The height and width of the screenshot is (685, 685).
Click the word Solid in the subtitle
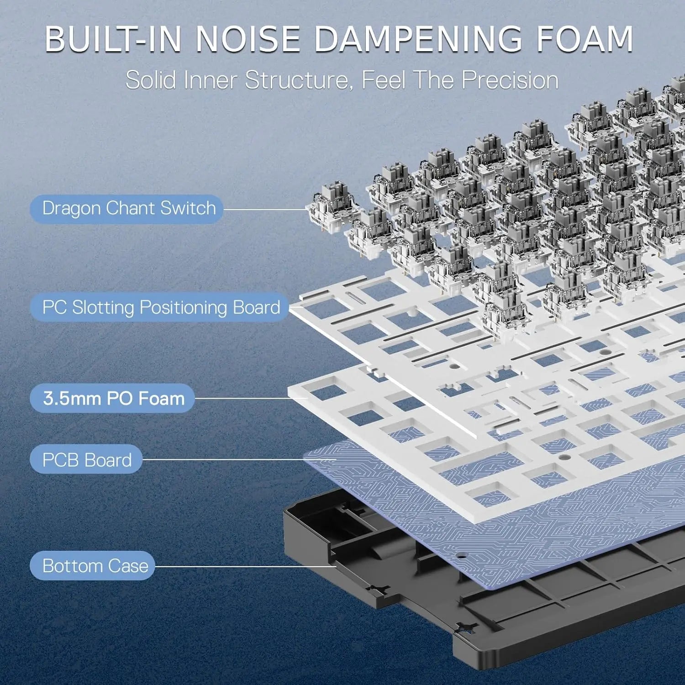coord(151,80)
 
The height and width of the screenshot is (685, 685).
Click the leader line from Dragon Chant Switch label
coord(265,210)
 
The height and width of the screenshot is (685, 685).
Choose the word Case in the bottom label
coord(128,566)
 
